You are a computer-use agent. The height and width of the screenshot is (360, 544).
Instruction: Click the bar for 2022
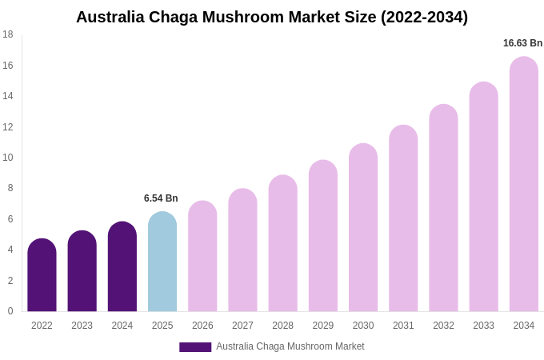42,276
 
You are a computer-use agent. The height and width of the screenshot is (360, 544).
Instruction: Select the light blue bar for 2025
162,262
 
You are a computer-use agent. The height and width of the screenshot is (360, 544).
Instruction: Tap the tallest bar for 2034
523,185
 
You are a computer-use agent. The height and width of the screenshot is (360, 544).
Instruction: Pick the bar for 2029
323,237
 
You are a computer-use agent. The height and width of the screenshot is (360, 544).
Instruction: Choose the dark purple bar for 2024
122,267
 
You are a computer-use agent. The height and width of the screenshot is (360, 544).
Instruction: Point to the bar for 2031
403,219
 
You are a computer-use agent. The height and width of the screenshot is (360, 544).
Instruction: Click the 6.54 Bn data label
161,198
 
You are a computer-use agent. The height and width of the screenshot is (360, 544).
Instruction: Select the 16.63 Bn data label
522,43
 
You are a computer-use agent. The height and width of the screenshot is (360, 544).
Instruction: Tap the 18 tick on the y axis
8,34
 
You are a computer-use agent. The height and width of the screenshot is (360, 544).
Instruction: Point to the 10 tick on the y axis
8,158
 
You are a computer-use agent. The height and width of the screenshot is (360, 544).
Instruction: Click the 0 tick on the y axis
10,311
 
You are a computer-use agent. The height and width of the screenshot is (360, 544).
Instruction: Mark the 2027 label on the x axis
242,326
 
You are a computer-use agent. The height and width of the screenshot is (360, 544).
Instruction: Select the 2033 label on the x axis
483,326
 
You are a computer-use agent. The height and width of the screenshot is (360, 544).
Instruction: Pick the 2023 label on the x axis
82,326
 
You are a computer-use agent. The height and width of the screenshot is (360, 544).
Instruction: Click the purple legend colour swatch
195,347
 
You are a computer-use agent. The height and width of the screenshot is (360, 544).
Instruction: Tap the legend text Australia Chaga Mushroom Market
290,346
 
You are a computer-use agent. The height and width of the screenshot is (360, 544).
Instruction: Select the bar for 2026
202,257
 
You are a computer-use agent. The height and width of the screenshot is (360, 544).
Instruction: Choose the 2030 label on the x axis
363,326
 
